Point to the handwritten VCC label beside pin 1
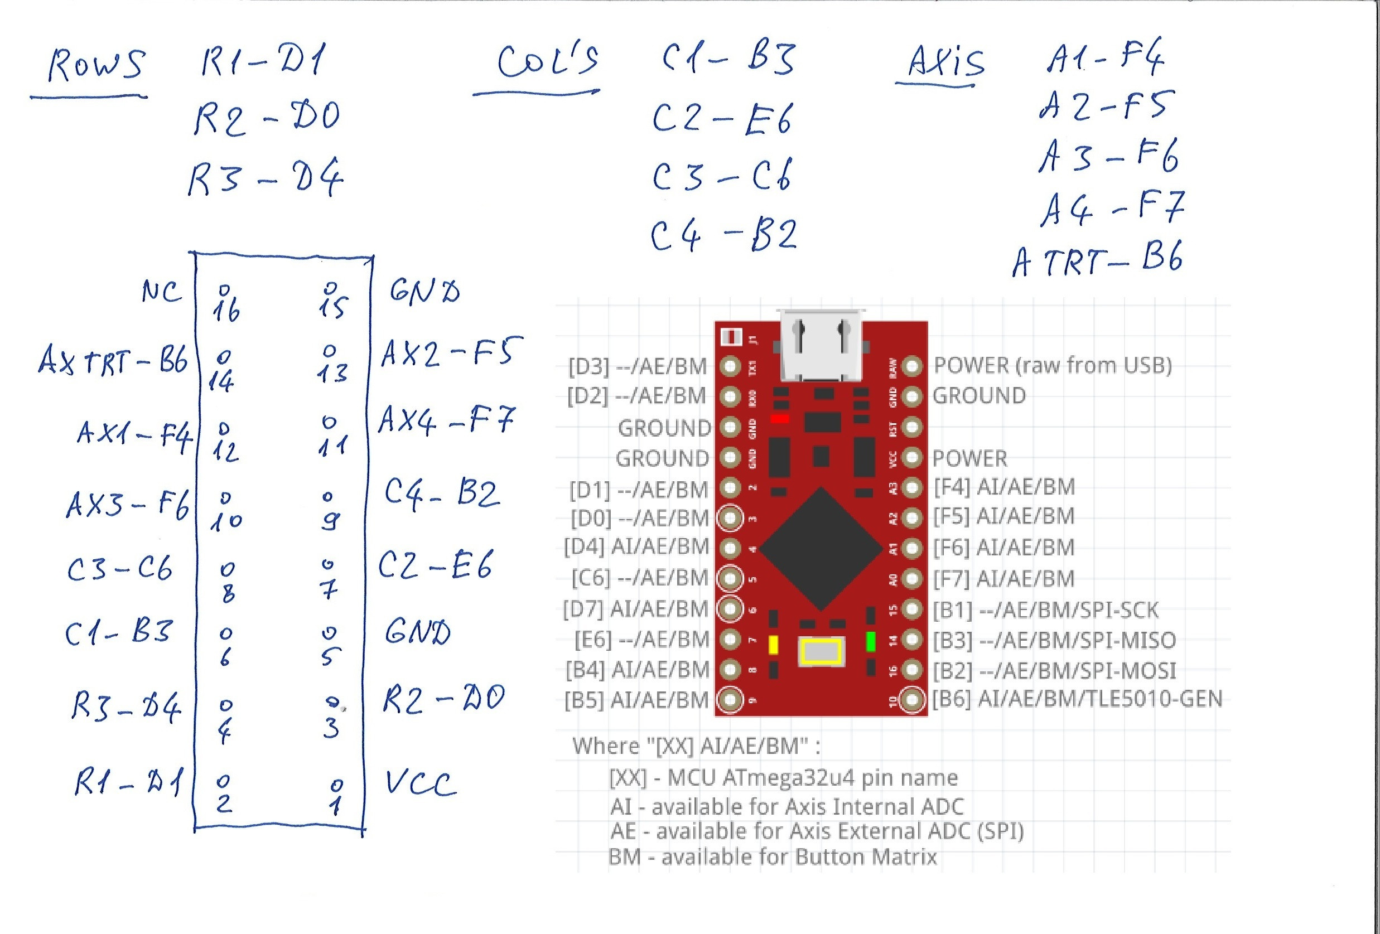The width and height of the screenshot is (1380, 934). pyautogui.click(x=421, y=783)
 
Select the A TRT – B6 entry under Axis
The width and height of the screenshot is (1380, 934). pyautogui.click(x=1097, y=259)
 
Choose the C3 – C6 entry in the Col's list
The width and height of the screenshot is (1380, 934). pyautogui.click(x=721, y=176)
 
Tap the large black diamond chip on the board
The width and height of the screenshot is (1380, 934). pyautogui.click(x=821, y=549)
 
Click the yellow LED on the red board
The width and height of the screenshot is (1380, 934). pyautogui.click(x=773, y=645)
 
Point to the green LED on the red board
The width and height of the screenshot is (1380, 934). pyautogui.click(x=871, y=642)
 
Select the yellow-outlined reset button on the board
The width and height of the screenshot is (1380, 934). pyautogui.click(x=821, y=652)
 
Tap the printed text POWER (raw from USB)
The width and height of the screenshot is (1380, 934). pyautogui.click(x=1052, y=366)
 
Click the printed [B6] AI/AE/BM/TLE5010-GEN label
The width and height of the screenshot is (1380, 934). pyautogui.click(x=1077, y=699)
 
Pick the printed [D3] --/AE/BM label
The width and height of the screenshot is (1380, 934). pyautogui.click(x=637, y=366)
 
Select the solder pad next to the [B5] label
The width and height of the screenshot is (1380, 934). pyautogui.click(x=730, y=699)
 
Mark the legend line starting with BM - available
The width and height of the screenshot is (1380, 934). pyautogui.click(x=773, y=857)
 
